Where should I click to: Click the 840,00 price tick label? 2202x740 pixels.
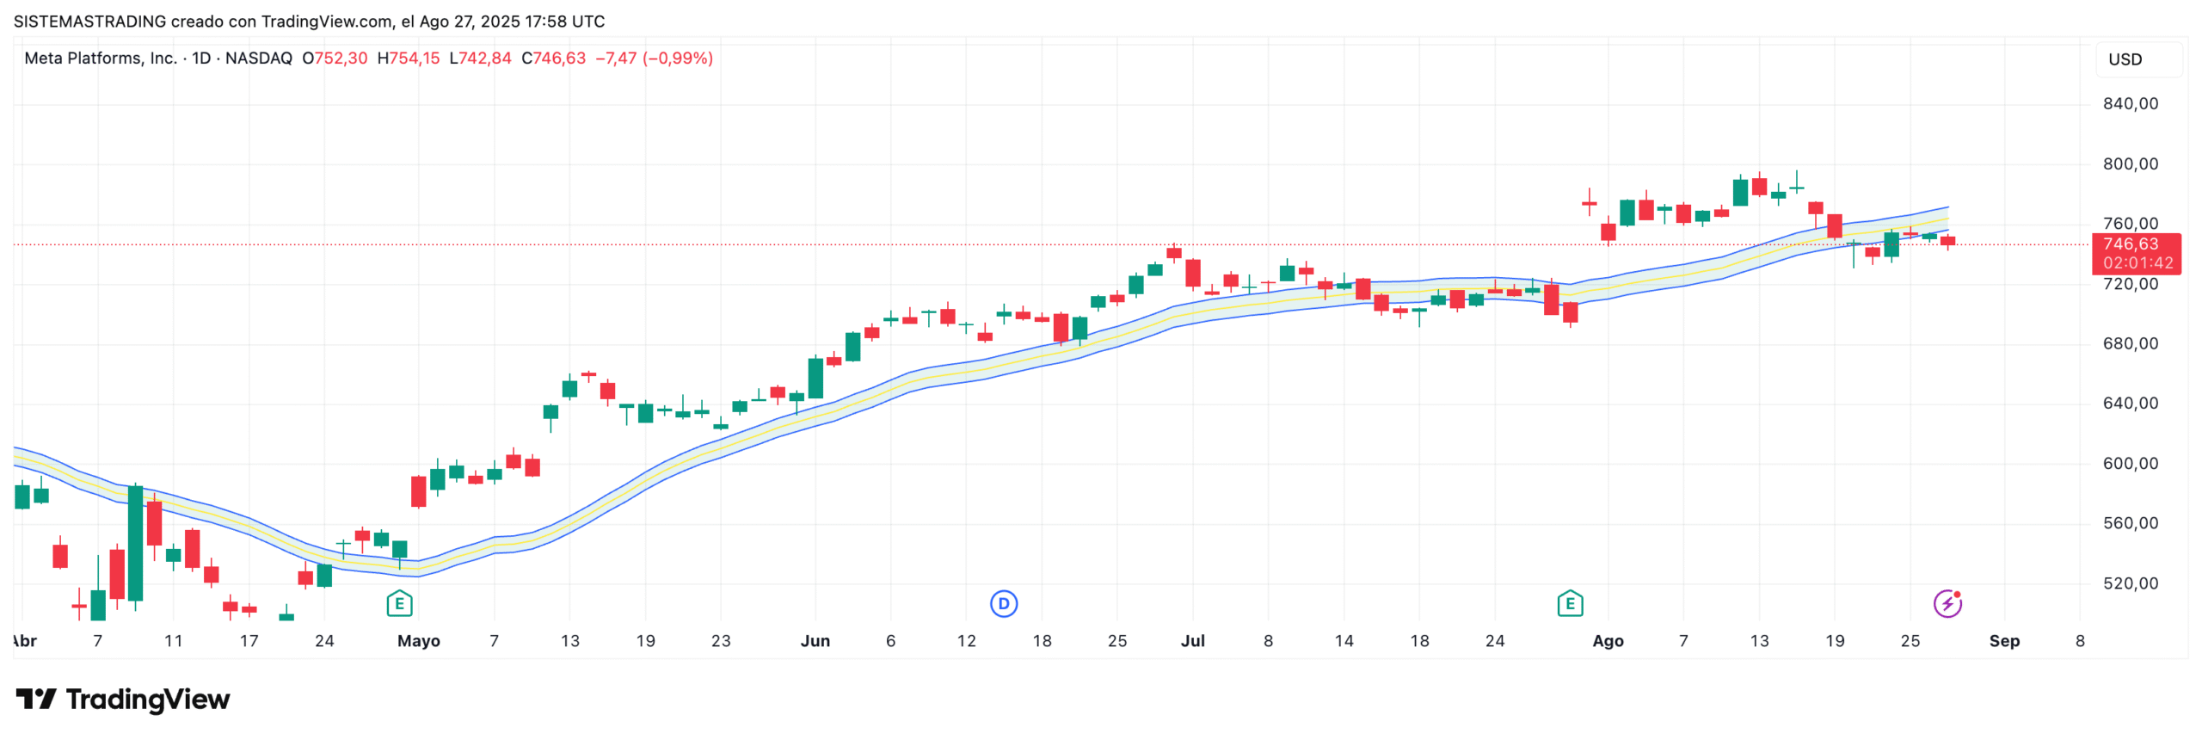(2130, 104)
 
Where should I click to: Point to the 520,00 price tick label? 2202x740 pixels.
(2130, 583)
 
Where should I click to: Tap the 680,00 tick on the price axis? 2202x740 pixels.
(2130, 344)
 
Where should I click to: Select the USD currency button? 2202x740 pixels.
(2125, 59)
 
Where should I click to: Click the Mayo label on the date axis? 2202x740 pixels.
(418, 641)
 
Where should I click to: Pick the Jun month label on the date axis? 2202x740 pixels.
(815, 641)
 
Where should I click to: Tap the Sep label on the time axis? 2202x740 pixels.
(2003, 641)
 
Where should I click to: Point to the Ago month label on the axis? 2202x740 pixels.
(1607, 641)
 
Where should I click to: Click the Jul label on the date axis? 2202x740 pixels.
(1192, 641)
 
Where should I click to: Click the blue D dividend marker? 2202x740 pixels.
(1003, 604)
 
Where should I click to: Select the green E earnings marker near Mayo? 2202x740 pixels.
(399, 604)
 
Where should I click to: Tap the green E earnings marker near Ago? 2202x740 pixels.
(1570, 604)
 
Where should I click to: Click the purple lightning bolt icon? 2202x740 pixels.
(1947, 604)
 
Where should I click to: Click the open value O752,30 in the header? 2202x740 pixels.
(335, 59)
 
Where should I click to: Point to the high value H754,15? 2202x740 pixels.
(409, 59)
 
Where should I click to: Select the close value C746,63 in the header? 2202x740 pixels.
(553, 59)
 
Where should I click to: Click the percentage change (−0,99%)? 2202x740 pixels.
(678, 59)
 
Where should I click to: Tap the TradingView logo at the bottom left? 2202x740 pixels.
(123, 700)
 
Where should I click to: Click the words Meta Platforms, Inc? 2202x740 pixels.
(100, 59)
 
